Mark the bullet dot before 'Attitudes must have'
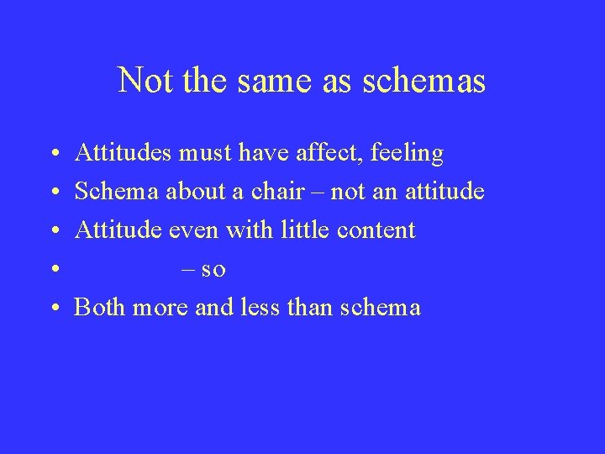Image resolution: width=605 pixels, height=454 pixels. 53,155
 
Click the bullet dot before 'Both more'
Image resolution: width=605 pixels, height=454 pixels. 53,309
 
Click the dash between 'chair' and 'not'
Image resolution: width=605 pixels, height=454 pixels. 319,193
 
